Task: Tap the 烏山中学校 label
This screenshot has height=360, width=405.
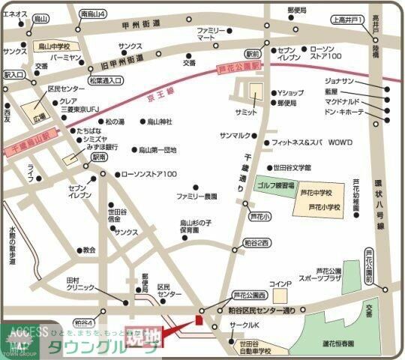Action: pos(55,46)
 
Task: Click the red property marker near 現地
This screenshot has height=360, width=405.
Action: pos(199,319)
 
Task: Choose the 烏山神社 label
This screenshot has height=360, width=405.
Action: pos(158,121)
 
